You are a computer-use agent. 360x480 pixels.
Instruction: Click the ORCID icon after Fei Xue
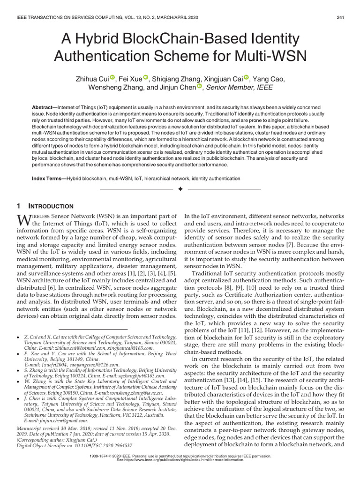[145, 77]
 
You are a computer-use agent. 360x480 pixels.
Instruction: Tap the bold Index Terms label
[48, 179]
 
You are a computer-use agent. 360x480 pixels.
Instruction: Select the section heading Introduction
[51, 206]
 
